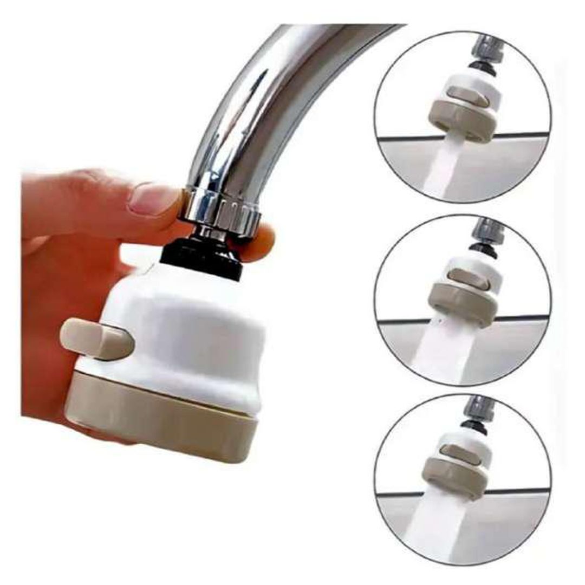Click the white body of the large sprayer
click(184, 330)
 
